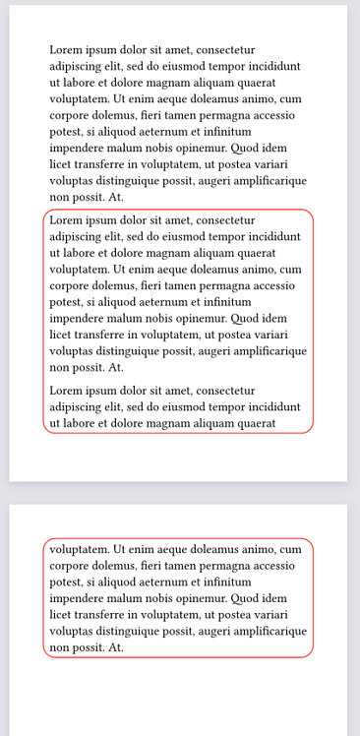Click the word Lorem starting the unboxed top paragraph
coord(66,49)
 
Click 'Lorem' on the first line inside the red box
coord(66,220)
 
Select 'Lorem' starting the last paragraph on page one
coord(66,391)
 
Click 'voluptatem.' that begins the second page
coord(80,549)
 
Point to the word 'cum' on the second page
coord(291,549)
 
